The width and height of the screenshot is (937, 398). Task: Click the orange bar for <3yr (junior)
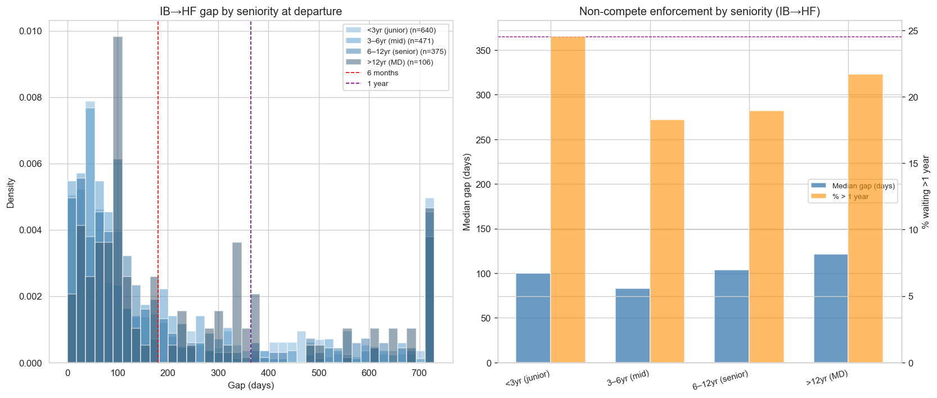click(x=567, y=200)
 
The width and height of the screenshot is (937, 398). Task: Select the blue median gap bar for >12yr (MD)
click(x=831, y=309)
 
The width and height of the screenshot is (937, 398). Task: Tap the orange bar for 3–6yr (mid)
click(x=667, y=241)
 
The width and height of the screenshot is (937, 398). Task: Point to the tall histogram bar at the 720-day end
click(x=430, y=281)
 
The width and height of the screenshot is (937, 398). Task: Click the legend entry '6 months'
click(x=382, y=73)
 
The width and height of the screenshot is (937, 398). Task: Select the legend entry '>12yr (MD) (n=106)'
click(x=400, y=62)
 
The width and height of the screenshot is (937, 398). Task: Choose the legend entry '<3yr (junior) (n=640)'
click(x=401, y=30)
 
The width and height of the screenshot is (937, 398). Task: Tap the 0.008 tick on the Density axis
click(x=30, y=98)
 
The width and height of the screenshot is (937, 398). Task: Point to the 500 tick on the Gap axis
click(x=319, y=373)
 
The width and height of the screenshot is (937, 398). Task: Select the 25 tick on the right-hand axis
click(x=913, y=31)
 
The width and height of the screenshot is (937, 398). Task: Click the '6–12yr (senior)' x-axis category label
click(x=720, y=381)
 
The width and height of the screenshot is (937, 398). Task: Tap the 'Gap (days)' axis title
click(x=251, y=386)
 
